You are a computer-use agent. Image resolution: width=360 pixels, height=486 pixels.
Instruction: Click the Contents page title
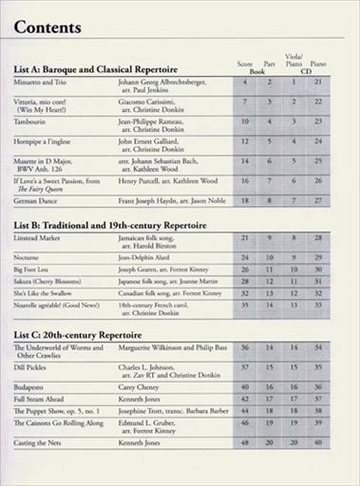(x=48, y=28)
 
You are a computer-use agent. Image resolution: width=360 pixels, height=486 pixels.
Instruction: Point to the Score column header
(x=244, y=64)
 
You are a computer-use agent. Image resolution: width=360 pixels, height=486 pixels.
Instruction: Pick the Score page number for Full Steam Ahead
(x=244, y=399)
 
